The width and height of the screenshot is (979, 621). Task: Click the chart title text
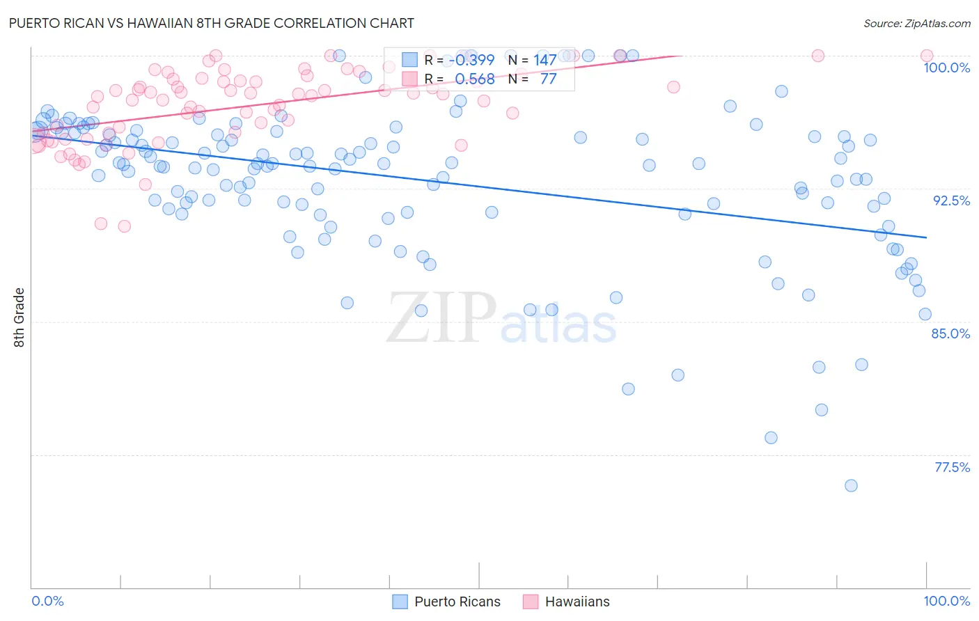point(211,23)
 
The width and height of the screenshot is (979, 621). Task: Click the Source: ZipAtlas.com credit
point(916,24)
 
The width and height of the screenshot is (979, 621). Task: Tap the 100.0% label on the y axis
point(946,68)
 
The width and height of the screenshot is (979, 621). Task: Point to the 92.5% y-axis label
point(951,201)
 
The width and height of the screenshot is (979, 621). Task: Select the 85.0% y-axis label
point(950,333)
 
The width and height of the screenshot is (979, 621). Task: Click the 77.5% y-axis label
point(952,467)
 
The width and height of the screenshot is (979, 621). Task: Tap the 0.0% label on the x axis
point(47,601)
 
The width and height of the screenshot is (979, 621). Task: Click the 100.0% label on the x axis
point(946,601)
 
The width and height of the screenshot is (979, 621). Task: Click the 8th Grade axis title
point(19,317)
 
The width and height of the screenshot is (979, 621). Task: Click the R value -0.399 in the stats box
point(471,60)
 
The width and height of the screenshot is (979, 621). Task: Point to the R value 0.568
point(475,79)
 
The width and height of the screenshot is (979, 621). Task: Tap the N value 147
point(545,60)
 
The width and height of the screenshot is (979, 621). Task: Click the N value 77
point(548,79)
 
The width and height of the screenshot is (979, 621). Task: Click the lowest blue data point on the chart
point(851,485)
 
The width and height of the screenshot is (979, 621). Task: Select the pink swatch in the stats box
point(409,79)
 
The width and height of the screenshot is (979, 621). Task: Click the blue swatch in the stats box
point(409,60)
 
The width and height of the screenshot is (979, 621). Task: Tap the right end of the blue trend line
point(926,237)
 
